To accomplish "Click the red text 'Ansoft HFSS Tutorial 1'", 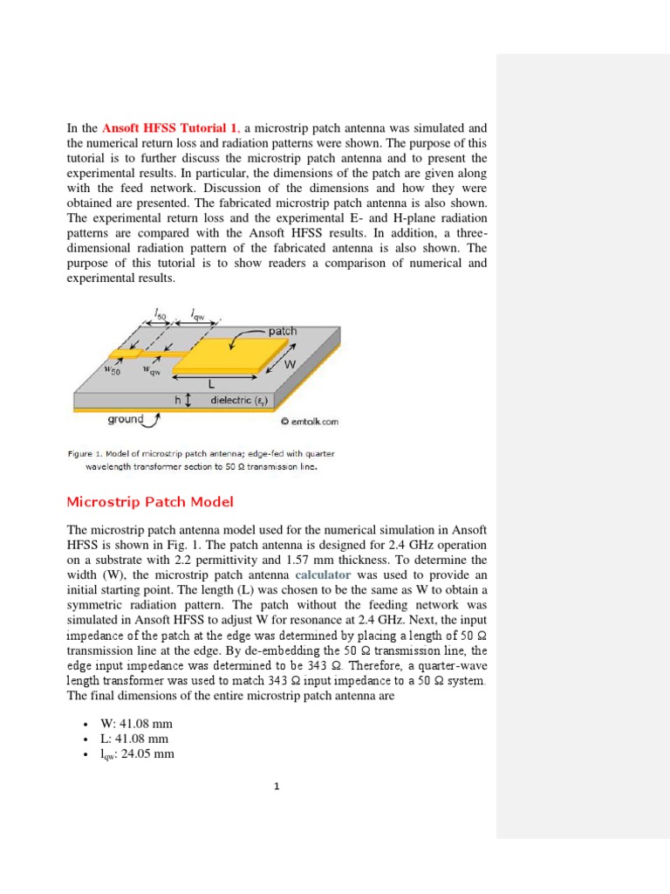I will pos(169,127).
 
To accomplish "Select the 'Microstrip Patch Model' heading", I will pos(150,502).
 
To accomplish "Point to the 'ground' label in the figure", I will pos(126,419).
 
